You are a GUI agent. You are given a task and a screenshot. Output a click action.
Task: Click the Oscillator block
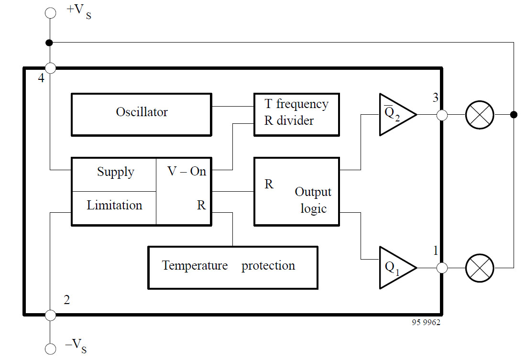(141, 114)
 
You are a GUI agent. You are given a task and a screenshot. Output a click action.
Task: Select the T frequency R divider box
(296, 114)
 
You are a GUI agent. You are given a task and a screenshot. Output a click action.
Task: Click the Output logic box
(296, 191)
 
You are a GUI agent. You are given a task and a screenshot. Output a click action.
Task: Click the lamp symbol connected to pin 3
(480, 115)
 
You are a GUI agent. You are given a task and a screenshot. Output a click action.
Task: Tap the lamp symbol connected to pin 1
(480, 268)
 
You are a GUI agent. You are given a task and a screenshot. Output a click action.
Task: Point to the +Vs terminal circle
(50, 12)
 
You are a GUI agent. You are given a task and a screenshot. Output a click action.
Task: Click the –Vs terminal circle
(50, 348)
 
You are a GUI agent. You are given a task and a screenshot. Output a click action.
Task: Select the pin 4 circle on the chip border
(50, 68)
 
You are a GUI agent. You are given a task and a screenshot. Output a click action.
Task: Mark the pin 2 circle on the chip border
(50, 315)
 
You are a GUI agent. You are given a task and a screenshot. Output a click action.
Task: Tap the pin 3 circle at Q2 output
(442, 115)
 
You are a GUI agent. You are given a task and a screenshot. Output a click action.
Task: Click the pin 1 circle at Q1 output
(442, 268)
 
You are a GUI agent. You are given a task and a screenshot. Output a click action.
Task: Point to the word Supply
(115, 172)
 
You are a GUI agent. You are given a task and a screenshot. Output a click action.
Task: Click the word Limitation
(114, 206)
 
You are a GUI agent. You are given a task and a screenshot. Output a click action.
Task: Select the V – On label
(186, 171)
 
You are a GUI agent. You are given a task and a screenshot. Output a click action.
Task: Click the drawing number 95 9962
(426, 323)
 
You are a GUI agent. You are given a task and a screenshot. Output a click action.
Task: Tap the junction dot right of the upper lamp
(514, 115)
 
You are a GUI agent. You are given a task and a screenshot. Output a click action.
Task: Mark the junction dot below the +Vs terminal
(49, 43)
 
